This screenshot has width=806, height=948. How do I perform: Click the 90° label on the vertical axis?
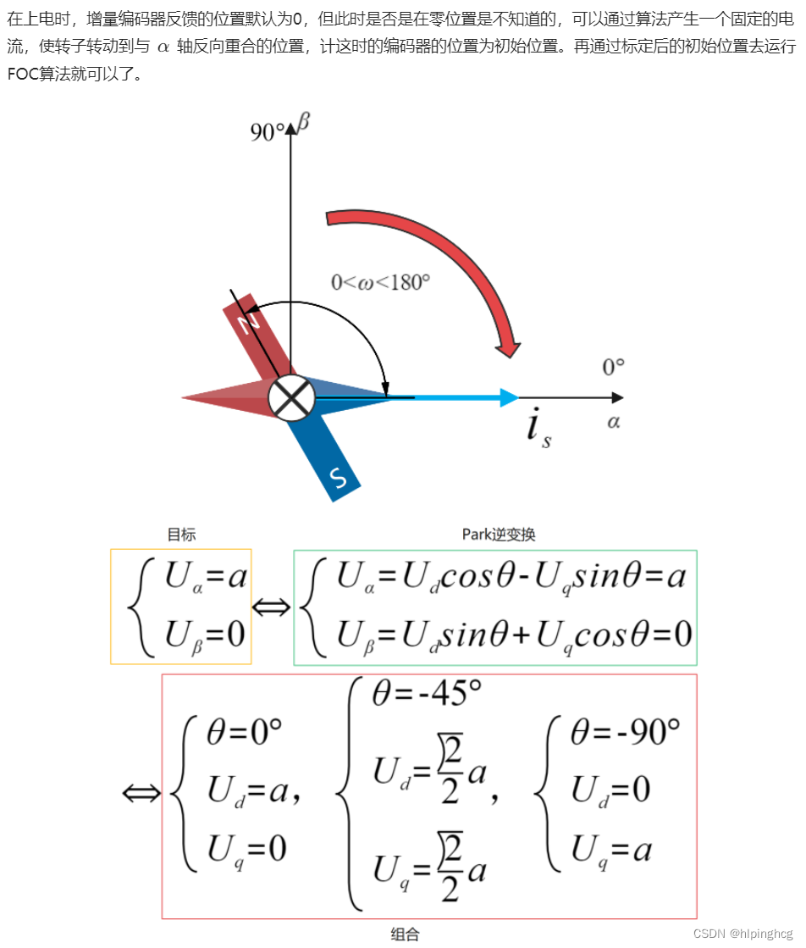[267, 131]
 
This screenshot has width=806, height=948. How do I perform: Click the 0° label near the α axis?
[613, 367]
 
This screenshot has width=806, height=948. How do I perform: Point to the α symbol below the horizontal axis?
[613, 421]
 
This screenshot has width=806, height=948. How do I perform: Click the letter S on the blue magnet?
[338, 480]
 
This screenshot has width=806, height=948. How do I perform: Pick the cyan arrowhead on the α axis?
[510, 397]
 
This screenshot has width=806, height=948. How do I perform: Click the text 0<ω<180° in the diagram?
[380, 282]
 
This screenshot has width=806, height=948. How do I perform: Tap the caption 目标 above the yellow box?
[181, 535]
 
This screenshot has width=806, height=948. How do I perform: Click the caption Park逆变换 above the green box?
[499, 535]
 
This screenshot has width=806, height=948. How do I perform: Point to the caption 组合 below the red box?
[405, 934]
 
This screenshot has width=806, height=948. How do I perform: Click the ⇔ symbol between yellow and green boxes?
[272, 607]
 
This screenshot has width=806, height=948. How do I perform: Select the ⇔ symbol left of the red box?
[141, 794]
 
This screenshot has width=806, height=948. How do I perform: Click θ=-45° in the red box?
[426, 694]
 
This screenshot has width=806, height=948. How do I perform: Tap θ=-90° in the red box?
[625, 731]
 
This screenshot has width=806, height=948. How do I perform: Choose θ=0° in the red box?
[244, 731]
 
